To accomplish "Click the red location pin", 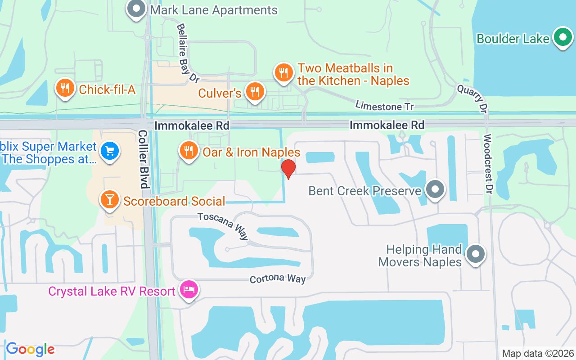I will click(288, 168).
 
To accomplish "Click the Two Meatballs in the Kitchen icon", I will click(283, 72).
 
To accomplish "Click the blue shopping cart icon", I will click(109, 151).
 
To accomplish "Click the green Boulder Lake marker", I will click(562, 37).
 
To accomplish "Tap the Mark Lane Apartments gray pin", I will click(136, 9).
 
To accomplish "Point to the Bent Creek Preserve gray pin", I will click(435, 189).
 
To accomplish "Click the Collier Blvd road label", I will click(143, 159).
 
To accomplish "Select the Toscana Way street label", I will click(223, 226).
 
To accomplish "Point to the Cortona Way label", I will click(278, 279).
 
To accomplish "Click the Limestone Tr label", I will click(384, 106).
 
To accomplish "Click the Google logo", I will click(30, 349).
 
